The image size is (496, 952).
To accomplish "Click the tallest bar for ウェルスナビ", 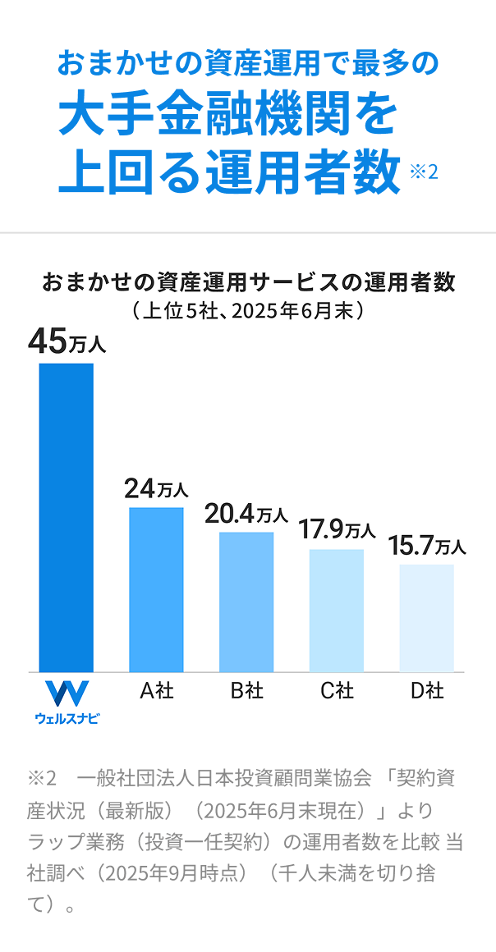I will tap(67, 517).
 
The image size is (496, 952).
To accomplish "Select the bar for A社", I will tap(156, 589).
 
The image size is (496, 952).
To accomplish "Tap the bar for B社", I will tap(246, 602).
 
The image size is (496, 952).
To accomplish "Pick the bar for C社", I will tap(337, 610).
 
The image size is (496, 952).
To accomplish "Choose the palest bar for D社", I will tap(426, 618).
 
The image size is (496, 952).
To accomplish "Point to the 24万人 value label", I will tap(156, 489).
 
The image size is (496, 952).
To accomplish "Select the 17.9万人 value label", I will tap(337, 530).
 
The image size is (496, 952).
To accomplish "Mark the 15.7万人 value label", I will tap(426, 545).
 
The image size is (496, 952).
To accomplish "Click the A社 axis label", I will tap(156, 691).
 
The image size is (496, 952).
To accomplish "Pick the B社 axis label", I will tap(246, 691).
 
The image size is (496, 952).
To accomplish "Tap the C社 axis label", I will tap(337, 691).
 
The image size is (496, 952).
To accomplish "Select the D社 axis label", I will tap(427, 691).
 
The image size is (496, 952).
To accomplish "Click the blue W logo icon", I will tap(67, 693).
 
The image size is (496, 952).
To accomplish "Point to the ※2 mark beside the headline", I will tap(424, 172).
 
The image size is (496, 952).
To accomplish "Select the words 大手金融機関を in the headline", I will tap(227, 117).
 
